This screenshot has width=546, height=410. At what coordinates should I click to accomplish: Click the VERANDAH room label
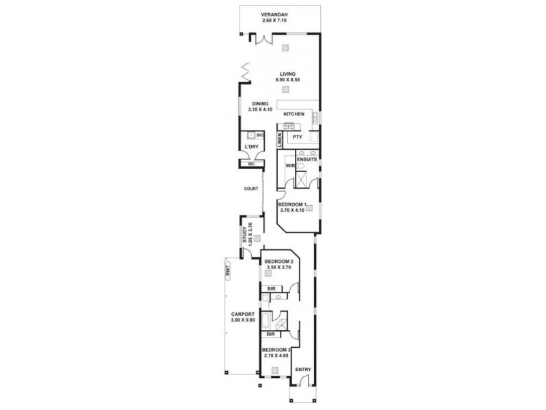click(276, 14)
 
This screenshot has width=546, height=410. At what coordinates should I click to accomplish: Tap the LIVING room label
click(287, 74)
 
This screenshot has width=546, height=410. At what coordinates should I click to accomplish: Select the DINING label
click(260, 103)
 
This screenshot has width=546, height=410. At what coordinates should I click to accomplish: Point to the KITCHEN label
click(294, 113)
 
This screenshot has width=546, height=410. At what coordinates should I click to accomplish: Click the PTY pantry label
click(298, 137)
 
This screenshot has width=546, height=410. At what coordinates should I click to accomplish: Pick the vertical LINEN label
click(280, 140)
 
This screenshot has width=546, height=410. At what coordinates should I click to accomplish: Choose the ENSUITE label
click(306, 159)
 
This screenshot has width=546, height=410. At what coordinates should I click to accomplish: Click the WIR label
click(289, 166)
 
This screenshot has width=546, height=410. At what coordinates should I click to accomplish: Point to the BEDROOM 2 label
click(279, 262)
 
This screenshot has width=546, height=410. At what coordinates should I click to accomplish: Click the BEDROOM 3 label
click(276, 349)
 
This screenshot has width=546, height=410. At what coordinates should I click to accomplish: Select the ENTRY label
click(303, 370)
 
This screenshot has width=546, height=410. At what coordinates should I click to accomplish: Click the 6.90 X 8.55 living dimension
click(287, 81)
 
